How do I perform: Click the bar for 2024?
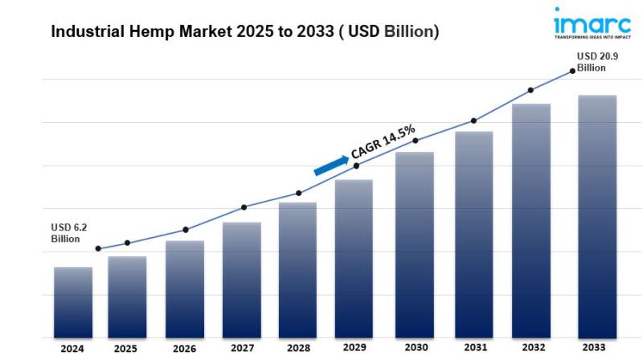pyautogui.click(x=73, y=301)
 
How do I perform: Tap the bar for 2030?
pyautogui.click(x=415, y=244)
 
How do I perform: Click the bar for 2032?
pyautogui.click(x=531, y=220)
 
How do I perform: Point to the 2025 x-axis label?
pyautogui.click(x=125, y=350)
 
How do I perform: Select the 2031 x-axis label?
pyautogui.click(x=474, y=348)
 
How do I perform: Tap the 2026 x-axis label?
pyautogui.click(x=184, y=350)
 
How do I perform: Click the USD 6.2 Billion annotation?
pyautogui.click(x=67, y=233)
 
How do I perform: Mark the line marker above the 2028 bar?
pyautogui.click(x=299, y=193)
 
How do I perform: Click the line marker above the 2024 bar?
pyautogui.click(x=98, y=249)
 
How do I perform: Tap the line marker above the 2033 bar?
pyautogui.click(x=572, y=71)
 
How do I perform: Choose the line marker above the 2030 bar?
pyautogui.click(x=416, y=141)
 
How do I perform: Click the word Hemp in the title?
pyautogui.click(x=144, y=32)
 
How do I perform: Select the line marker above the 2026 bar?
pyautogui.click(x=186, y=230)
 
